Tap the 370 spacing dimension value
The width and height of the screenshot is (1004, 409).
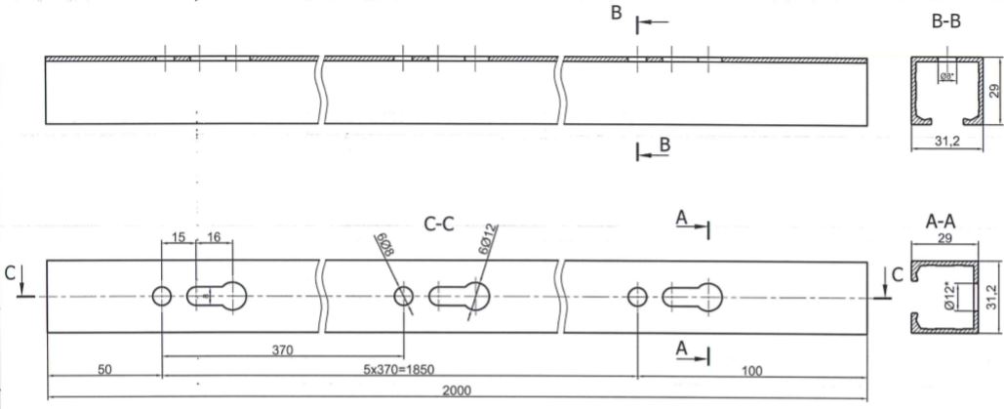[x=282, y=349]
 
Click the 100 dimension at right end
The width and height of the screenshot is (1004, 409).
[x=752, y=370]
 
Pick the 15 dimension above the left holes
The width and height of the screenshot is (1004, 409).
[x=179, y=236]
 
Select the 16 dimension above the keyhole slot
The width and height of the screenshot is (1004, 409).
[x=214, y=236]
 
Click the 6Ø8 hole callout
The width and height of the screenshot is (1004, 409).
[x=384, y=243]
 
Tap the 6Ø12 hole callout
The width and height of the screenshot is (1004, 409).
[x=489, y=240]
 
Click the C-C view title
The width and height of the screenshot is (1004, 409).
[x=439, y=224]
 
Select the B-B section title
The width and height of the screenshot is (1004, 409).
[x=946, y=22]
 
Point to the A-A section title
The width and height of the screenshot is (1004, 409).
[x=942, y=222]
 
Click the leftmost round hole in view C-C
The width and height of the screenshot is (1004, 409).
[x=161, y=296]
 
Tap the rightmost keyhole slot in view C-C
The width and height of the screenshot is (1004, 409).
[x=692, y=297]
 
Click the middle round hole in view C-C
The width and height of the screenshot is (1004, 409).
[x=403, y=296]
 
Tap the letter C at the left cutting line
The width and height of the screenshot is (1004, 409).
[x=10, y=273]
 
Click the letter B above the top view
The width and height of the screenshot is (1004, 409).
[x=616, y=13]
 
